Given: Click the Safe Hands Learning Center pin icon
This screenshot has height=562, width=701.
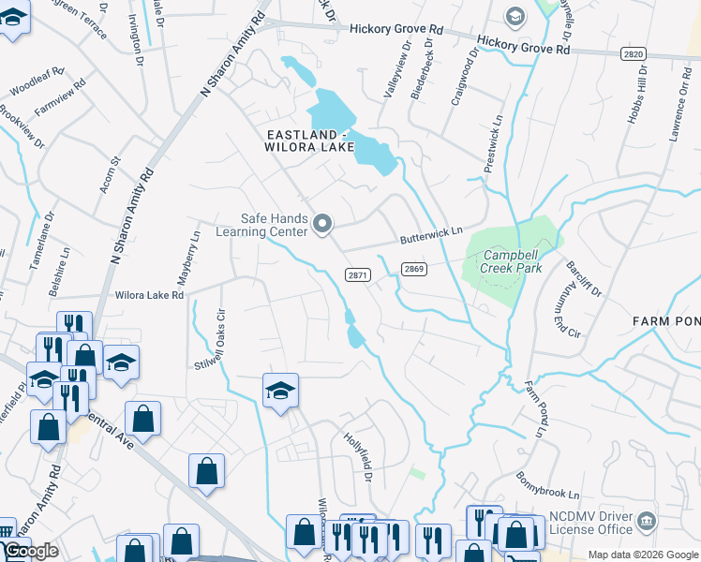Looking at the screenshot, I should click(x=322, y=223).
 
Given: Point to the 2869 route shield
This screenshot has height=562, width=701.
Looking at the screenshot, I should click(x=415, y=269).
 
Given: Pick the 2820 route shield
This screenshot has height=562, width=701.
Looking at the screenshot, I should click(x=633, y=54).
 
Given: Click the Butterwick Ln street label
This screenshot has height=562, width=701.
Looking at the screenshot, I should click(x=432, y=234).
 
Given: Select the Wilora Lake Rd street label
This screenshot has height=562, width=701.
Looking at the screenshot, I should click(x=149, y=294).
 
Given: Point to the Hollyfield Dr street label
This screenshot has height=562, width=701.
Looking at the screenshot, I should click(x=359, y=458).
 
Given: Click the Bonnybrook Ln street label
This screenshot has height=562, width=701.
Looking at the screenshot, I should click(x=547, y=485).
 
